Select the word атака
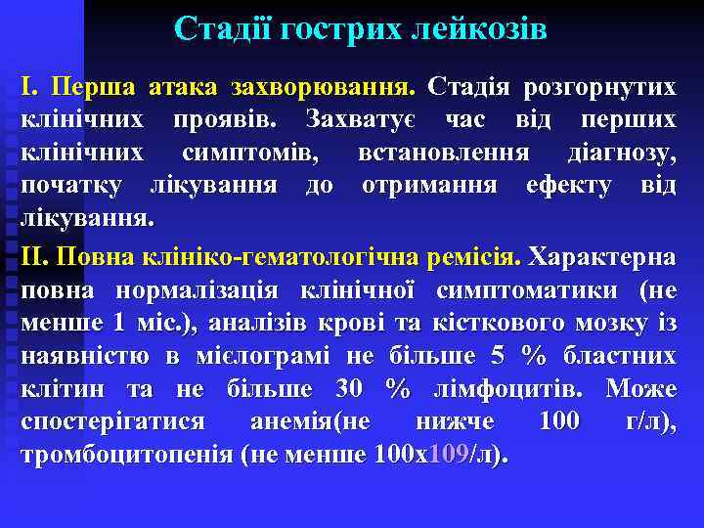pyautogui.click(x=186, y=87)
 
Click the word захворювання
pyautogui.click(x=323, y=87)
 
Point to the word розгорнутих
pyautogui.click(x=599, y=87)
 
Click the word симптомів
pyautogui.click(x=256, y=154)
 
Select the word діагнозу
pyautogui.click(x=621, y=154)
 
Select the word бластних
pyautogui.click(x=622, y=357)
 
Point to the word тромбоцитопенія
pyautogui.click(x=125, y=455)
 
